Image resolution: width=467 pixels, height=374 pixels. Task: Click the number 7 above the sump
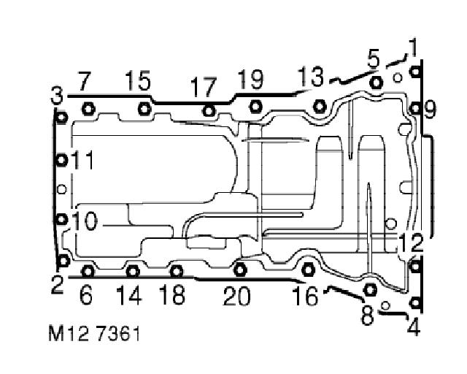tap(84, 81)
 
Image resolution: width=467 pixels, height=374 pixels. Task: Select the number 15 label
tap(137, 80)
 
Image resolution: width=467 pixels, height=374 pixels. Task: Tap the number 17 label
tap(204, 86)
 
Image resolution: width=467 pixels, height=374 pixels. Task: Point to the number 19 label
tap(251, 79)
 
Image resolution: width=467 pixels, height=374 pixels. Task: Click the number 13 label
tap(311, 77)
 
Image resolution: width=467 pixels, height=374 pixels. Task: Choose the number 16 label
tap(305, 296)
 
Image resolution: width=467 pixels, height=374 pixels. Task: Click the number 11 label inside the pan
tap(82, 160)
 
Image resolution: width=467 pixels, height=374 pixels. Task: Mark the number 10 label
tap(85, 221)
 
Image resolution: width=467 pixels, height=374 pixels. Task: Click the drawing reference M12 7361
tap(94, 334)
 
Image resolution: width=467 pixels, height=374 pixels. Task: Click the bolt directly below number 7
tap(88, 109)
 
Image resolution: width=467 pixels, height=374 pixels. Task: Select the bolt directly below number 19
tap(255, 106)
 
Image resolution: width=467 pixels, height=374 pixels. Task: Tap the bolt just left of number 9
tap(415, 109)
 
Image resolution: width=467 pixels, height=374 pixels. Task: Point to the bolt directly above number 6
tap(88, 271)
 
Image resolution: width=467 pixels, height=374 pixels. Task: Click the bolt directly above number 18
tap(177, 271)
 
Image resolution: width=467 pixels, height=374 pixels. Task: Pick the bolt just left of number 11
tap(61, 160)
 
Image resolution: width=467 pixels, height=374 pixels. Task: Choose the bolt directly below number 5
tap(377, 82)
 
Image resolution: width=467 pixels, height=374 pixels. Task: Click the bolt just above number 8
tap(370, 289)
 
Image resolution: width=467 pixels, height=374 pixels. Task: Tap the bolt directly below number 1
tap(415, 72)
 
